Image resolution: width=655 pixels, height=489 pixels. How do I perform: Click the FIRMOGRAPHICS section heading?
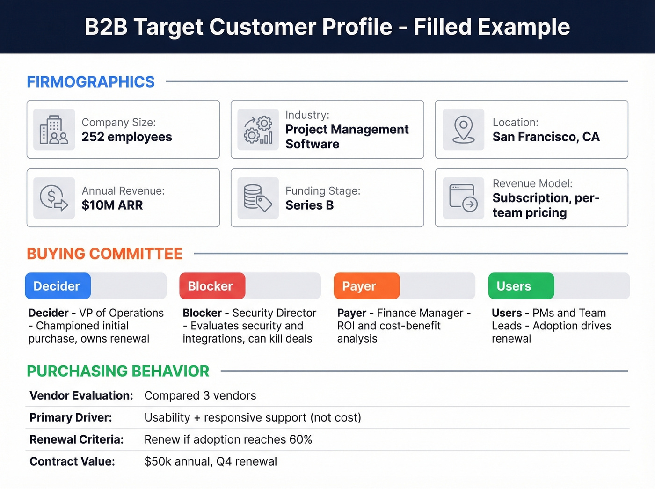90,82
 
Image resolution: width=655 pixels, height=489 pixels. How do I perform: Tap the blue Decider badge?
58,286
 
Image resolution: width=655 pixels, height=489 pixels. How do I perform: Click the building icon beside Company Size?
54,130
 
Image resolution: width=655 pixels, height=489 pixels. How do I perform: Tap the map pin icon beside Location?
463,130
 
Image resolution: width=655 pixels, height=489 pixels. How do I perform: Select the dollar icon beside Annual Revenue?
54,198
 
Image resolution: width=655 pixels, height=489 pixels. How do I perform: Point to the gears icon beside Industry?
258,130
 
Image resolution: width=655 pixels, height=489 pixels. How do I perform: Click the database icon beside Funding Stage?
258,198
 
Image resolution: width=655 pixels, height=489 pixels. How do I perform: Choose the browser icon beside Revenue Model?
463,198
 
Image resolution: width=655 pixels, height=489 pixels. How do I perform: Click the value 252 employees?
127,137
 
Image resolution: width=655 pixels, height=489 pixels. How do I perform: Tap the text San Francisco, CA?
546,137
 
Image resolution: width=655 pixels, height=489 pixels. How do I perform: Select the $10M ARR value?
112,205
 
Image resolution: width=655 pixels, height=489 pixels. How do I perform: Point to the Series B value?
309,205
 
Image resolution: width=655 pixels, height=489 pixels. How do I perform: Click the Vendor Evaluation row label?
81,396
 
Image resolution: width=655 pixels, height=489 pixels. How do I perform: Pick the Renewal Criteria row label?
76,440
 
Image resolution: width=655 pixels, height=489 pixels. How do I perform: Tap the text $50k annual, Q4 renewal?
211,462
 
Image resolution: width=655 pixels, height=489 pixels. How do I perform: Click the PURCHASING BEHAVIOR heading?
118,371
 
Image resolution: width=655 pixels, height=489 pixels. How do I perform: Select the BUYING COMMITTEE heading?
104,254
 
